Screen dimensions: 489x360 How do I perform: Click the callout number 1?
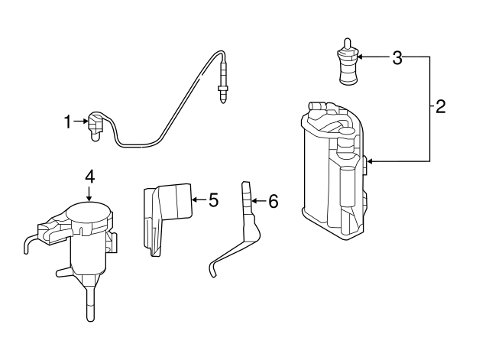[x=68, y=122]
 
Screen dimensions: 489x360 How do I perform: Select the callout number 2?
[x=440, y=107]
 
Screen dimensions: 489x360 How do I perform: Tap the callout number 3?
[x=397, y=58]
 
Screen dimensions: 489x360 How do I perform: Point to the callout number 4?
[x=89, y=177]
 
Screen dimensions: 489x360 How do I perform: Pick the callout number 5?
[x=213, y=200]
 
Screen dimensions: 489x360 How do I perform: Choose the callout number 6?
[x=274, y=201]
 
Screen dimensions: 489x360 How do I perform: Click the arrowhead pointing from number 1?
[x=86, y=122]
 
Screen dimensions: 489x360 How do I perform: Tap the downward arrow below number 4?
[x=89, y=193]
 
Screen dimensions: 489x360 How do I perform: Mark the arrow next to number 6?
[x=259, y=201]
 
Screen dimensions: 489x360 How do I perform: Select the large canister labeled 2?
[x=334, y=171]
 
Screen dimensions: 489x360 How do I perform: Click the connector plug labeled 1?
[x=95, y=126]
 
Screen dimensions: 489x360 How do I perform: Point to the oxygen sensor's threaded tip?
[x=222, y=94]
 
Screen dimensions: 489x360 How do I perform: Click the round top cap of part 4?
[x=89, y=212]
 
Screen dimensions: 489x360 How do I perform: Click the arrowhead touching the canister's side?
[x=370, y=161]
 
